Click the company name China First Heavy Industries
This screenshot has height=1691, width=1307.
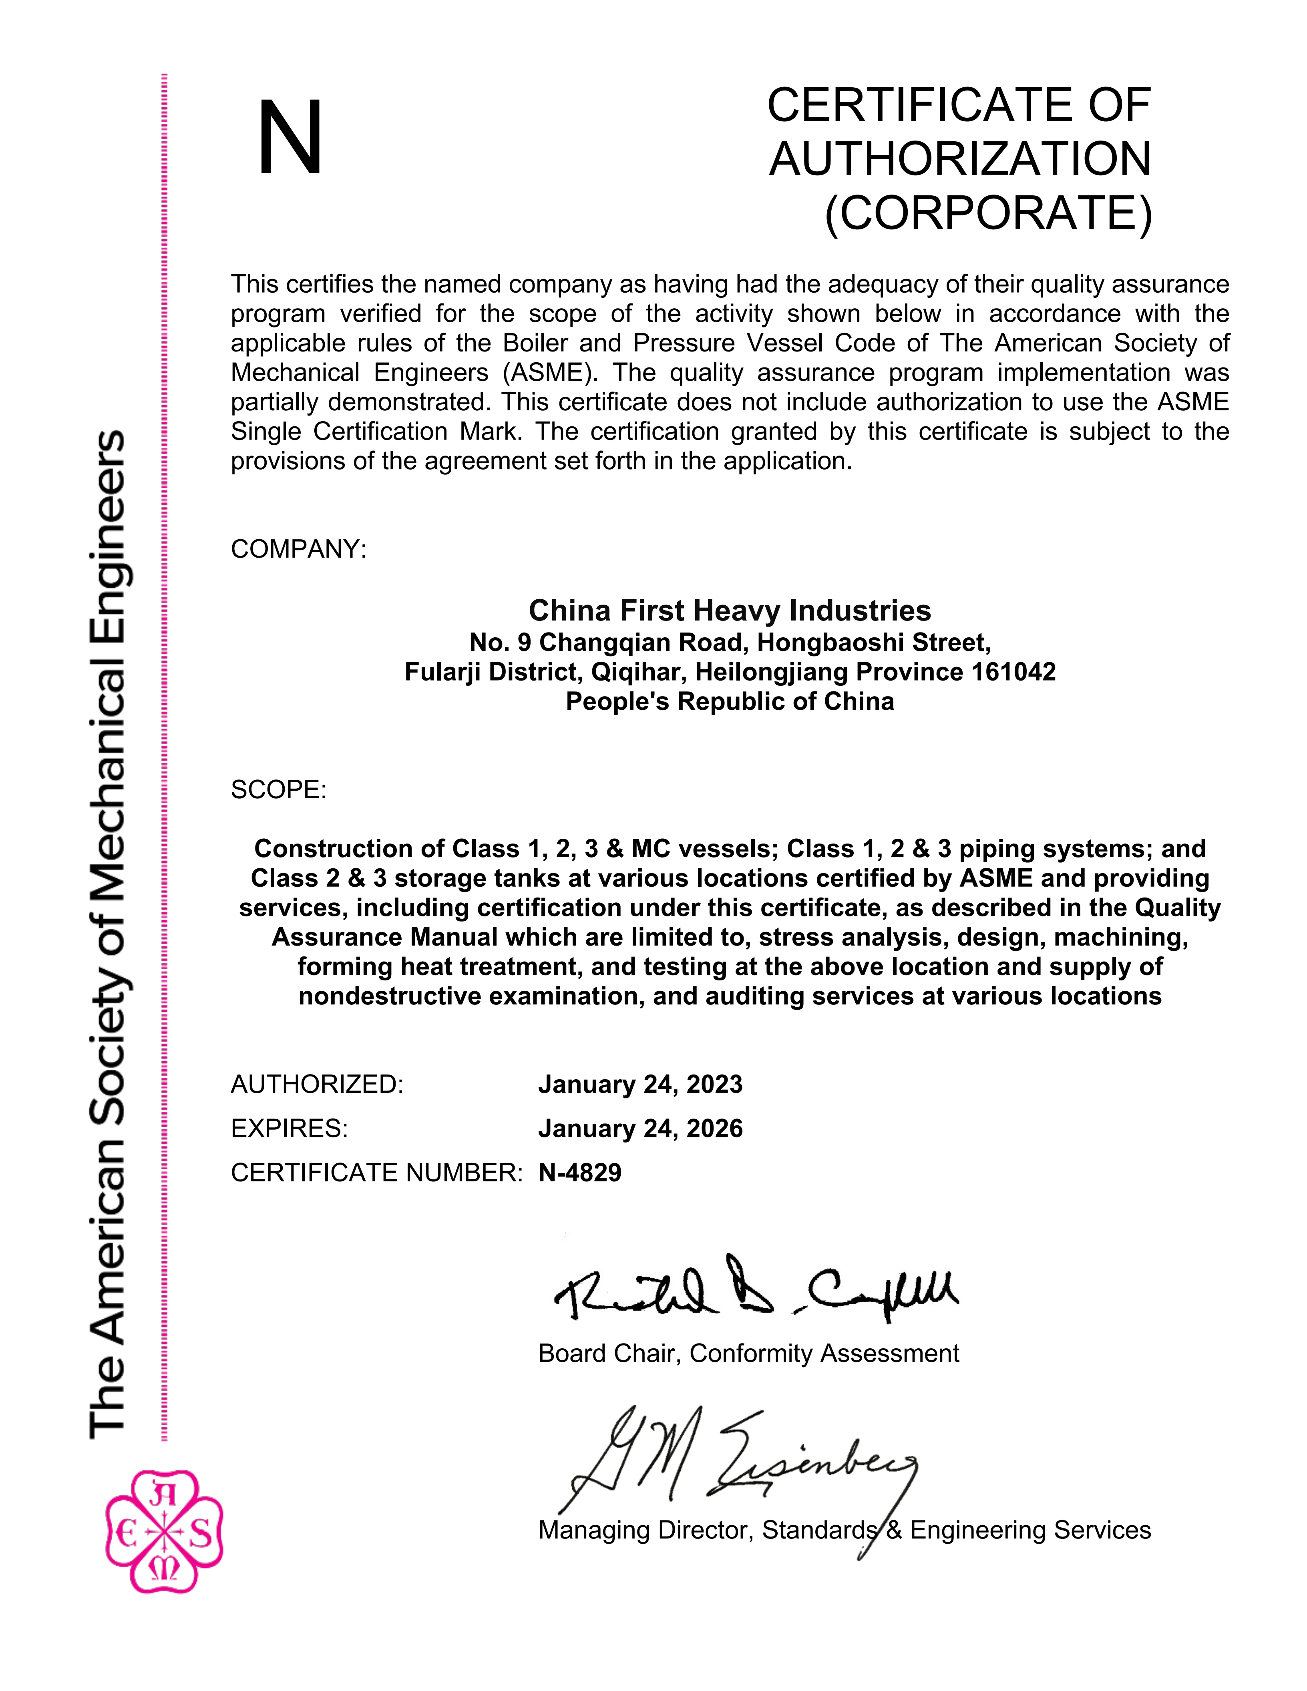[x=729, y=611]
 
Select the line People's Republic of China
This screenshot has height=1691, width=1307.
[x=729, y=701]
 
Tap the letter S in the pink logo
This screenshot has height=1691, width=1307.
[x=200, y=1533]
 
